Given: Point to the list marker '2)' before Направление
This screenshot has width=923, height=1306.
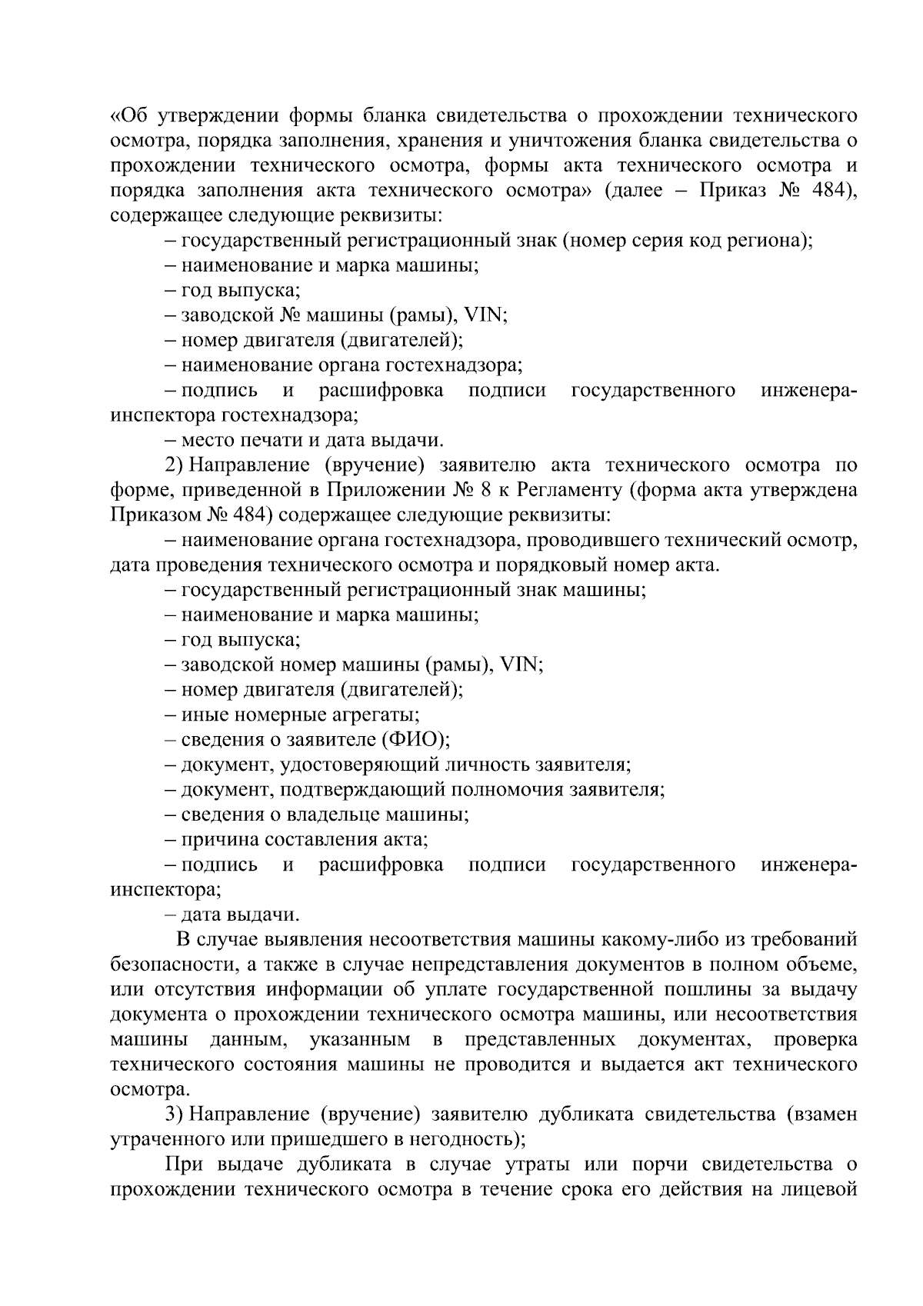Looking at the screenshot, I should tap(174, 465).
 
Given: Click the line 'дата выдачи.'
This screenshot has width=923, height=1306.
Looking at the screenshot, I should tap(239, 915).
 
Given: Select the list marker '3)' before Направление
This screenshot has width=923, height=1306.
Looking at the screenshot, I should tap(174, 1114).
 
